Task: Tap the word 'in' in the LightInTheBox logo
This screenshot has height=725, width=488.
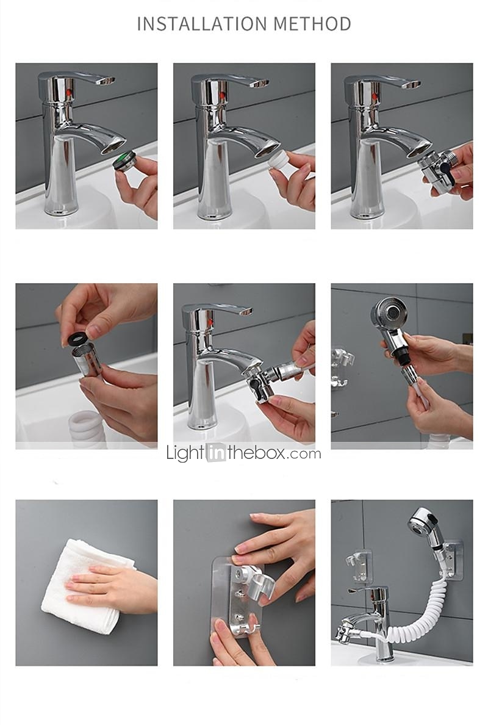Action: coord(216,453)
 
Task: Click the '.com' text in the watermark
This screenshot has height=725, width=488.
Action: coord(303,454)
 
